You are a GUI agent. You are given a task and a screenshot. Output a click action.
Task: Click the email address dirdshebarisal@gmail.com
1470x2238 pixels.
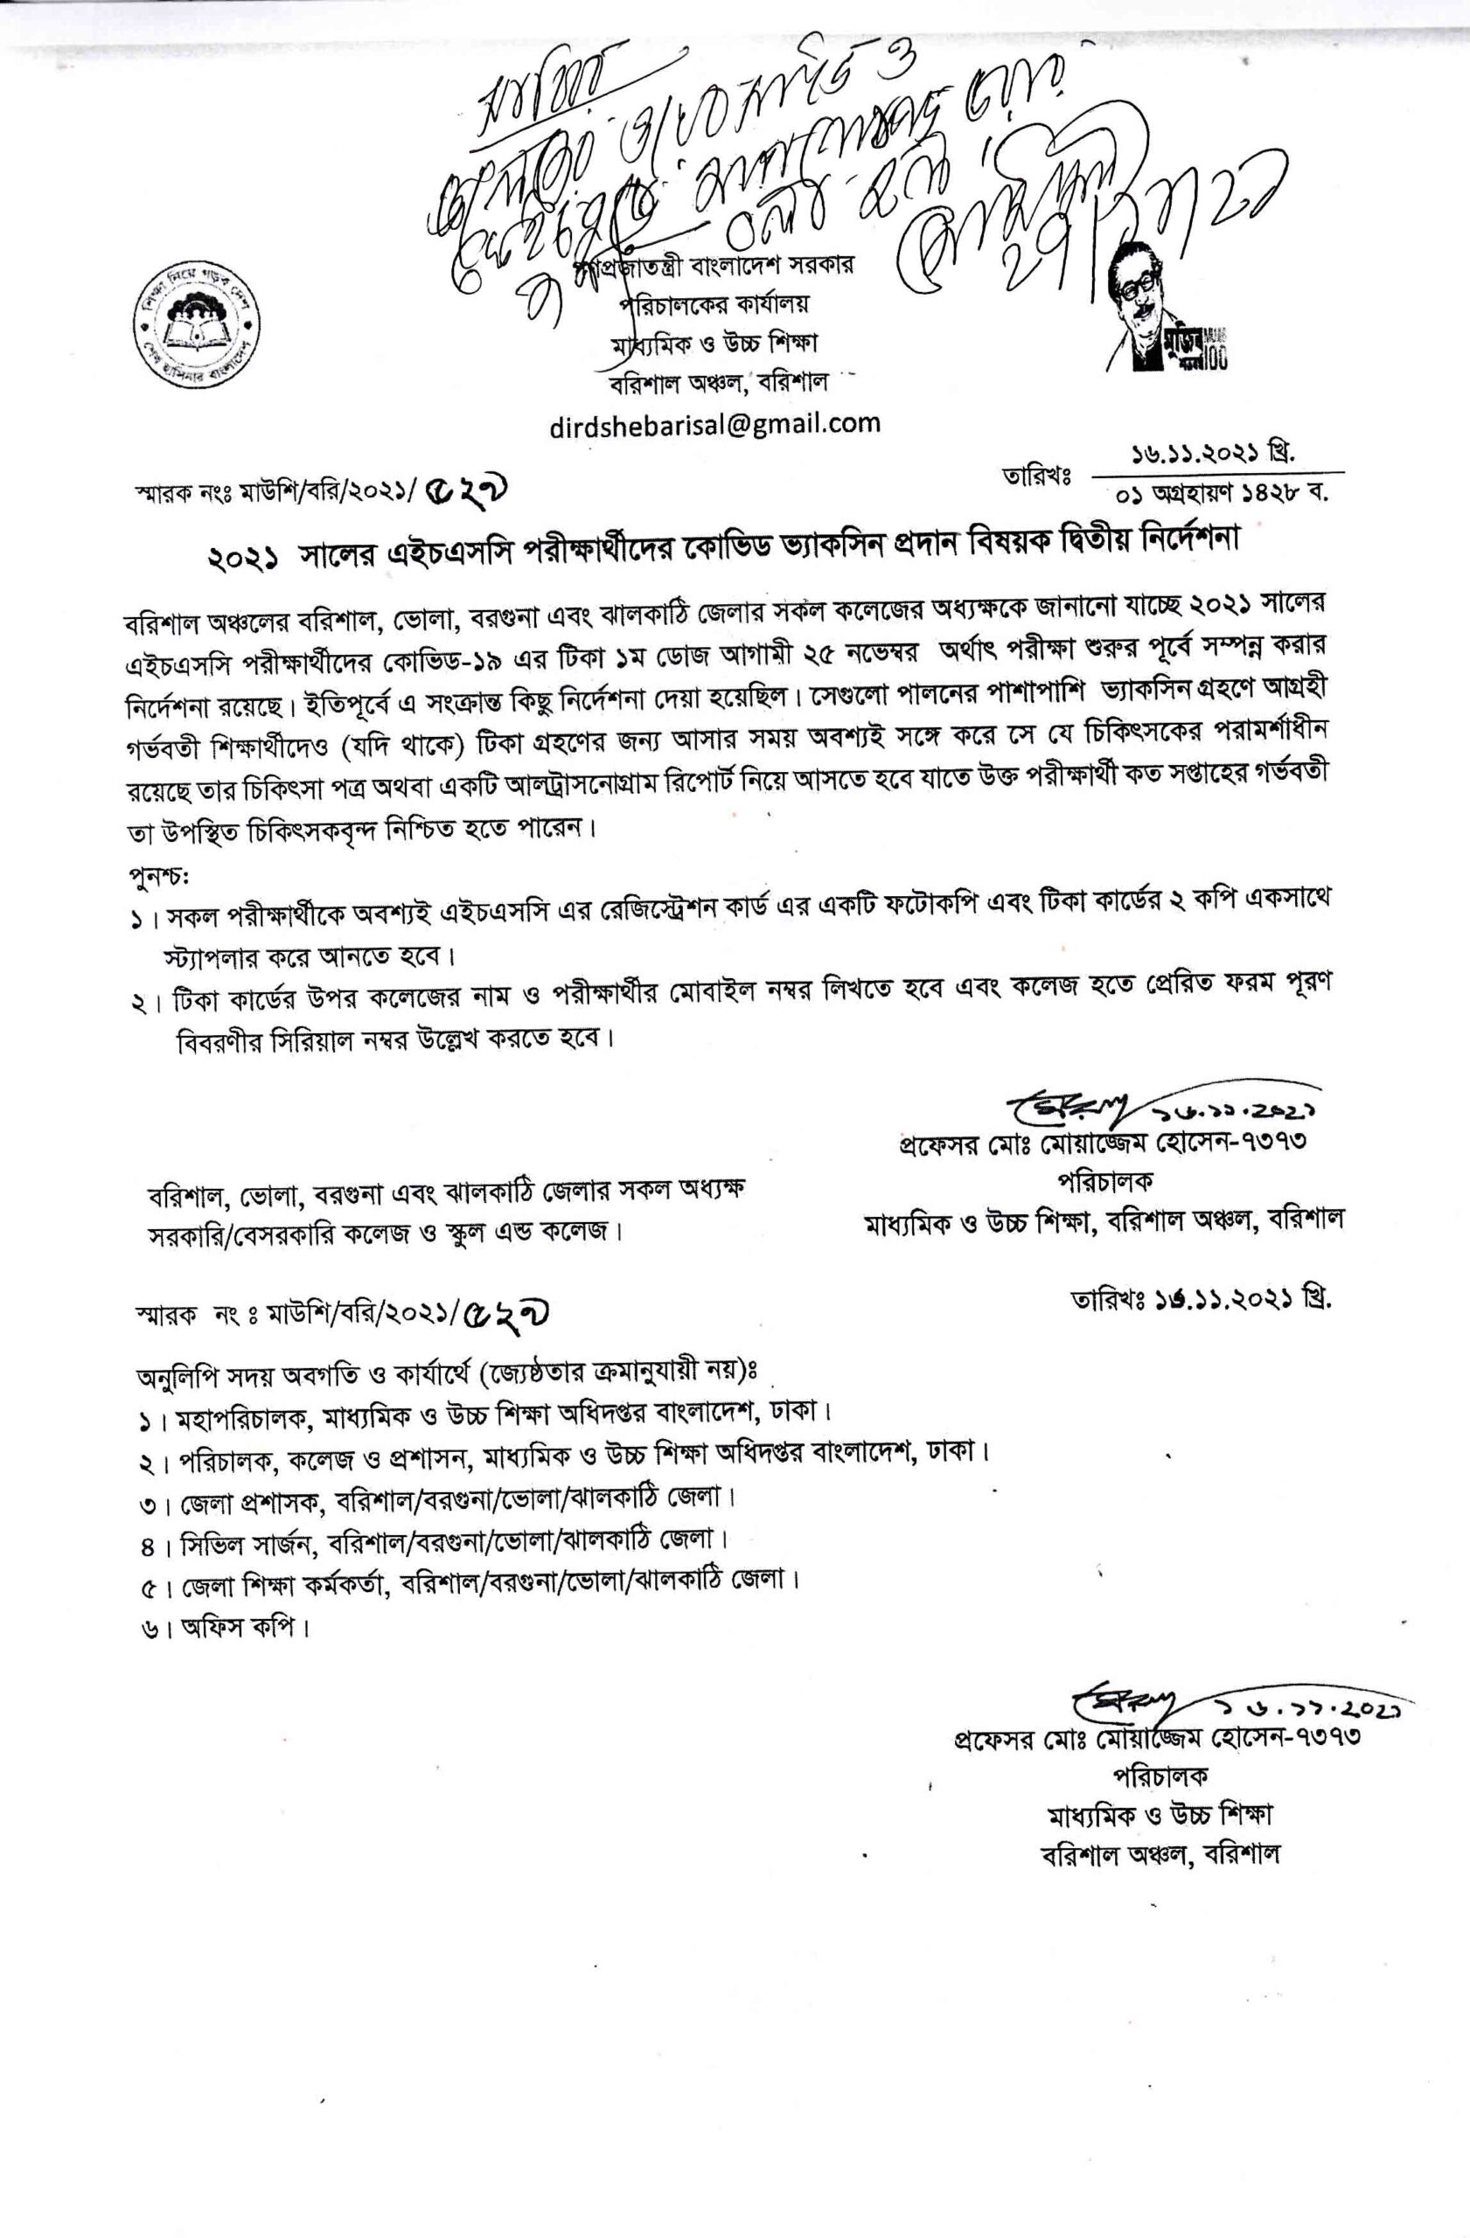coord(714,423)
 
